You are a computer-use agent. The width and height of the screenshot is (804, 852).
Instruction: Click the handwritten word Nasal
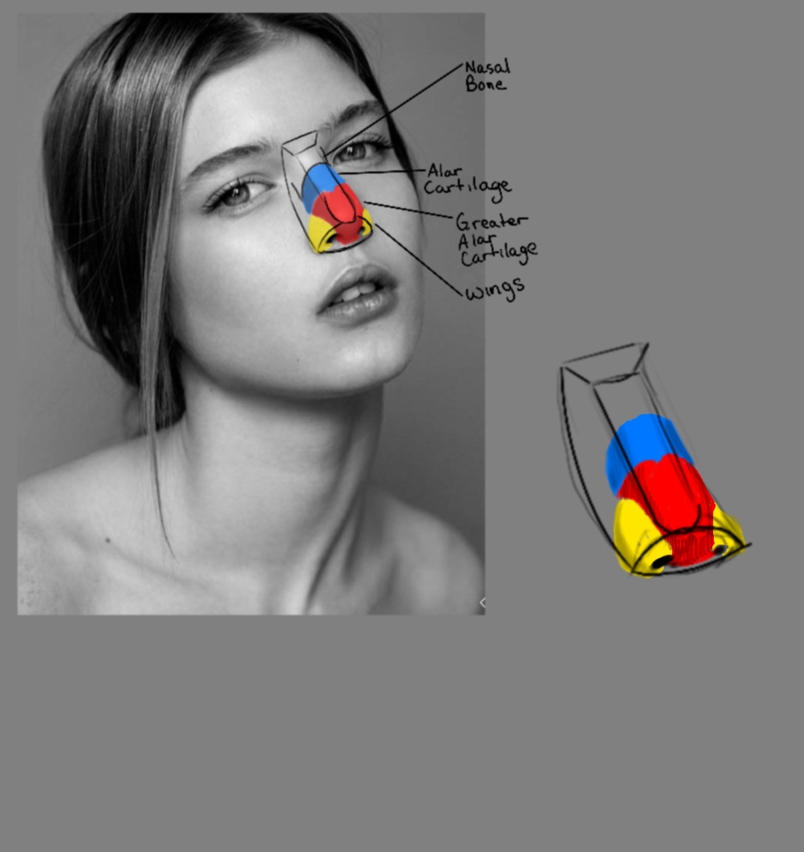[x=488, y=67]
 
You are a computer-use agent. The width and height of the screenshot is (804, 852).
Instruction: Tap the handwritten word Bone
[x=486, y=84]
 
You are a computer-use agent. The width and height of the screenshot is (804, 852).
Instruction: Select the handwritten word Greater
[x=490, y=221]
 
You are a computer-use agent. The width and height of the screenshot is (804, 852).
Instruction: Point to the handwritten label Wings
[x=495, y=288]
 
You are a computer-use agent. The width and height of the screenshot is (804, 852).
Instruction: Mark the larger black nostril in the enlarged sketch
[x=661, y=562]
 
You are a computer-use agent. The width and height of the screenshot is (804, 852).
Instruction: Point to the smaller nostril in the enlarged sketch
[x=719, y=550]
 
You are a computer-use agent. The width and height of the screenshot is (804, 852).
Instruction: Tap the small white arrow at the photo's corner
[x=482, y=603]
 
